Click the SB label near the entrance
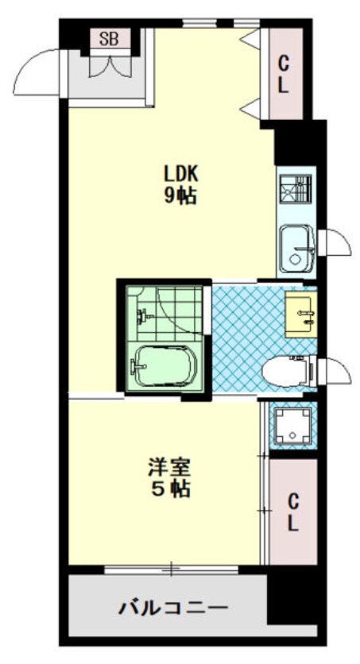pos(109,40)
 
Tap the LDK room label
pos(181,173)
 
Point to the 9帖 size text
pos(181,195)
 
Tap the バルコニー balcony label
pos(172,608)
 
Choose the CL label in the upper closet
pos(284,75)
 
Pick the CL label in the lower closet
pos(293,513)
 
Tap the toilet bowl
pos(288,372)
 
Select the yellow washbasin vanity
pos(301,315)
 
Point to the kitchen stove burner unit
pos(296,189)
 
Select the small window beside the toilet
pos(335,372)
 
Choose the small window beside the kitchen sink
pos(335,243)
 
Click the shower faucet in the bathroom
pos(142,316)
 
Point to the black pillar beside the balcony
pos(292,595)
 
